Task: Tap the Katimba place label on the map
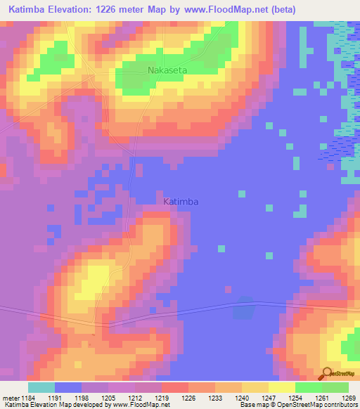coord(181,202)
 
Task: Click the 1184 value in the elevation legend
coord(27,397)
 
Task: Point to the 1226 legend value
coord(188,397)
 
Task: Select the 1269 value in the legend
coord(348,397)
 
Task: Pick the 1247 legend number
coord(268,397)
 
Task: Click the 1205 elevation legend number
coord(108,397)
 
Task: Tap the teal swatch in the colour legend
coord(41,387)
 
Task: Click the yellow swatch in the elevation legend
coord(281,387)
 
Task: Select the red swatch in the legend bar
coord(174,387)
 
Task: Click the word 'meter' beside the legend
coord(9,397)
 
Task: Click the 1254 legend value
coord(295,397)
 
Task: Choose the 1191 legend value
coord(55,397)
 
